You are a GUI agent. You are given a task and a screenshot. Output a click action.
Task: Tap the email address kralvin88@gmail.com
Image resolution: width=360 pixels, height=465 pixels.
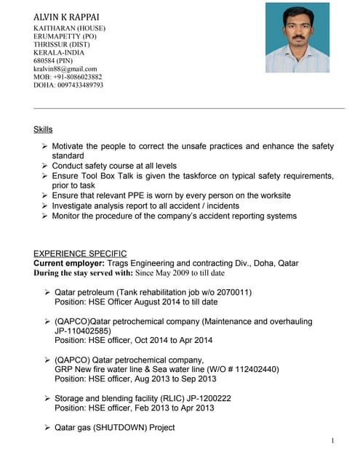tap(65, 69)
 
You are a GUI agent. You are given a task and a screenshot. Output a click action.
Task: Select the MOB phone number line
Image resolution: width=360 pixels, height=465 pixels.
tap(68, 77)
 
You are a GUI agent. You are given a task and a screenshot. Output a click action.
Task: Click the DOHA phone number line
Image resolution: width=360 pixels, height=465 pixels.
tap(68, 85)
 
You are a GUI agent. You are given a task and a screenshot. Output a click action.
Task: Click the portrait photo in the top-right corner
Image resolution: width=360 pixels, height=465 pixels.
tap(297, 37)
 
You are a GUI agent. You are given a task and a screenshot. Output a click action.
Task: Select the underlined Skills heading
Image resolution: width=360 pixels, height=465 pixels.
tap(43, 129)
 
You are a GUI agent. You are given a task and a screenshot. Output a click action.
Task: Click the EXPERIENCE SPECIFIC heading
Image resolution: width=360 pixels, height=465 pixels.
tap(80, 254)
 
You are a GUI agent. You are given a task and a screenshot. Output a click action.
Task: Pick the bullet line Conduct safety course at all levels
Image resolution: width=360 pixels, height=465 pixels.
tap(114, 166)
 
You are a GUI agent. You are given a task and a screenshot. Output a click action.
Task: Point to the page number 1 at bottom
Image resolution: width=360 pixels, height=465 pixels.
tap(332, 441)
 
